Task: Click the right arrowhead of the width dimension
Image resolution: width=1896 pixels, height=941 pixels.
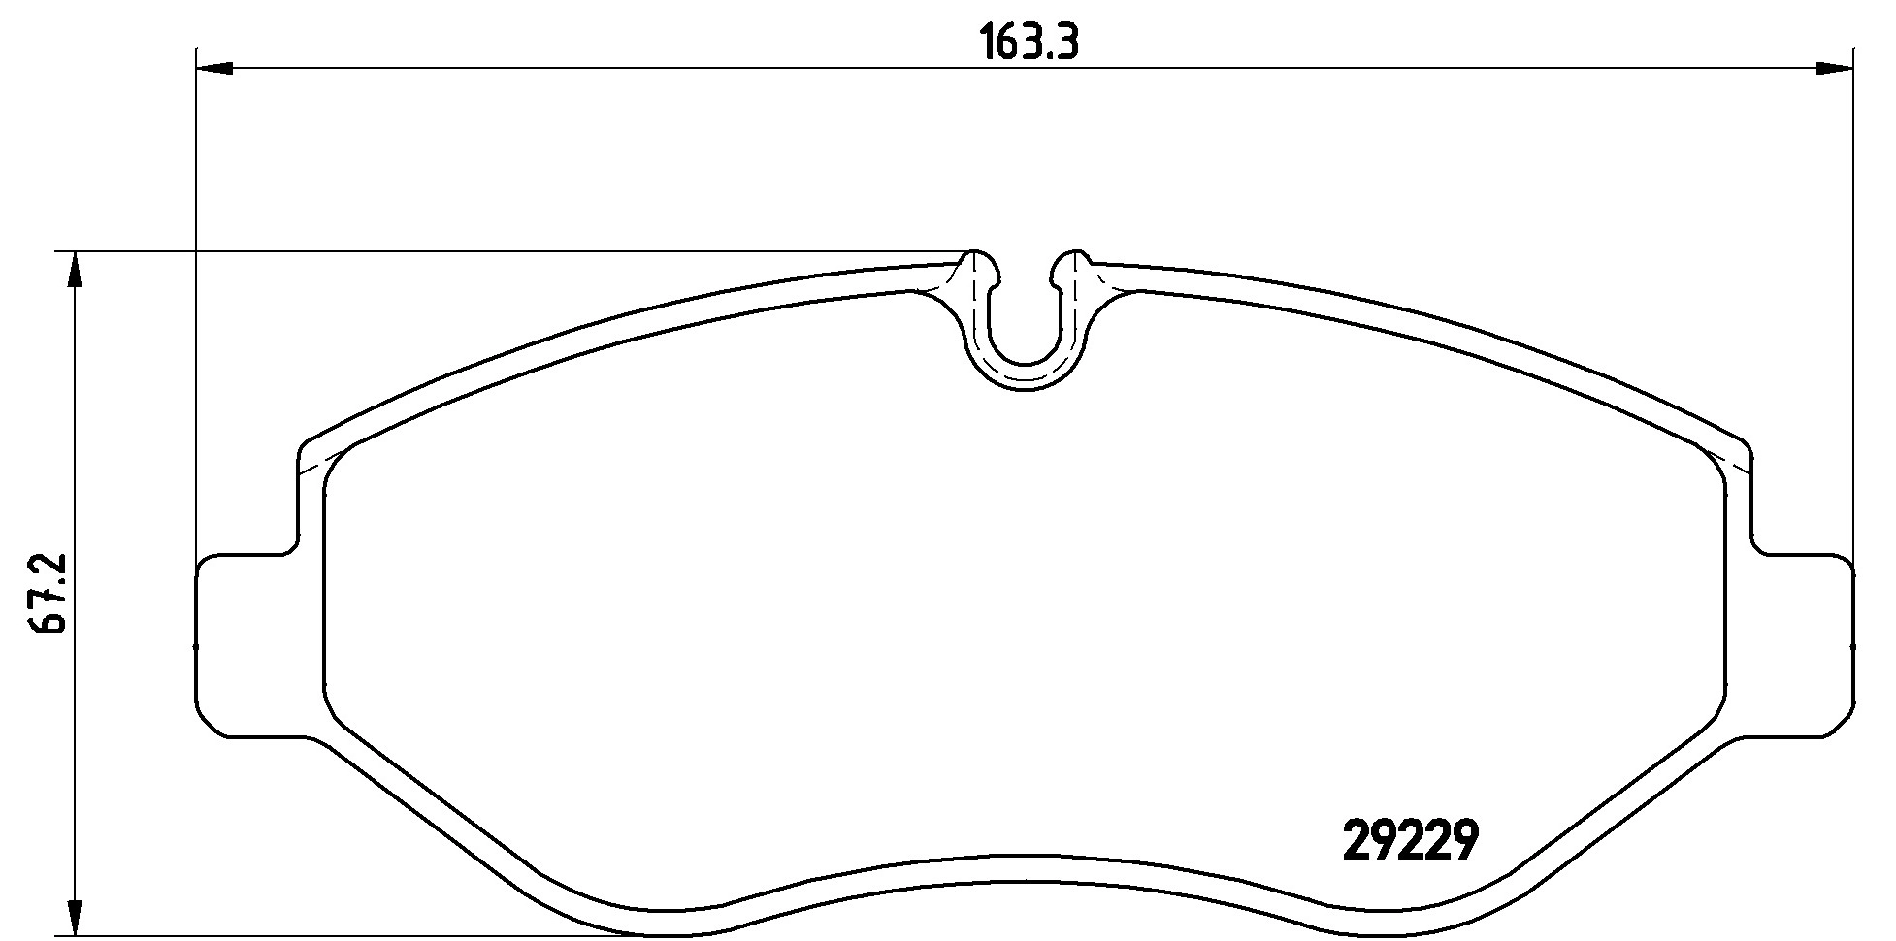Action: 1834,68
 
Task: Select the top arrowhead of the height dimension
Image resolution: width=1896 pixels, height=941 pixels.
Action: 74,272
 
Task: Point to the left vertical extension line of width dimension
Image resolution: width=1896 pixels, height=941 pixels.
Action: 197,291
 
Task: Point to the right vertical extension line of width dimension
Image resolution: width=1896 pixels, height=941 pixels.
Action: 1854,291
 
